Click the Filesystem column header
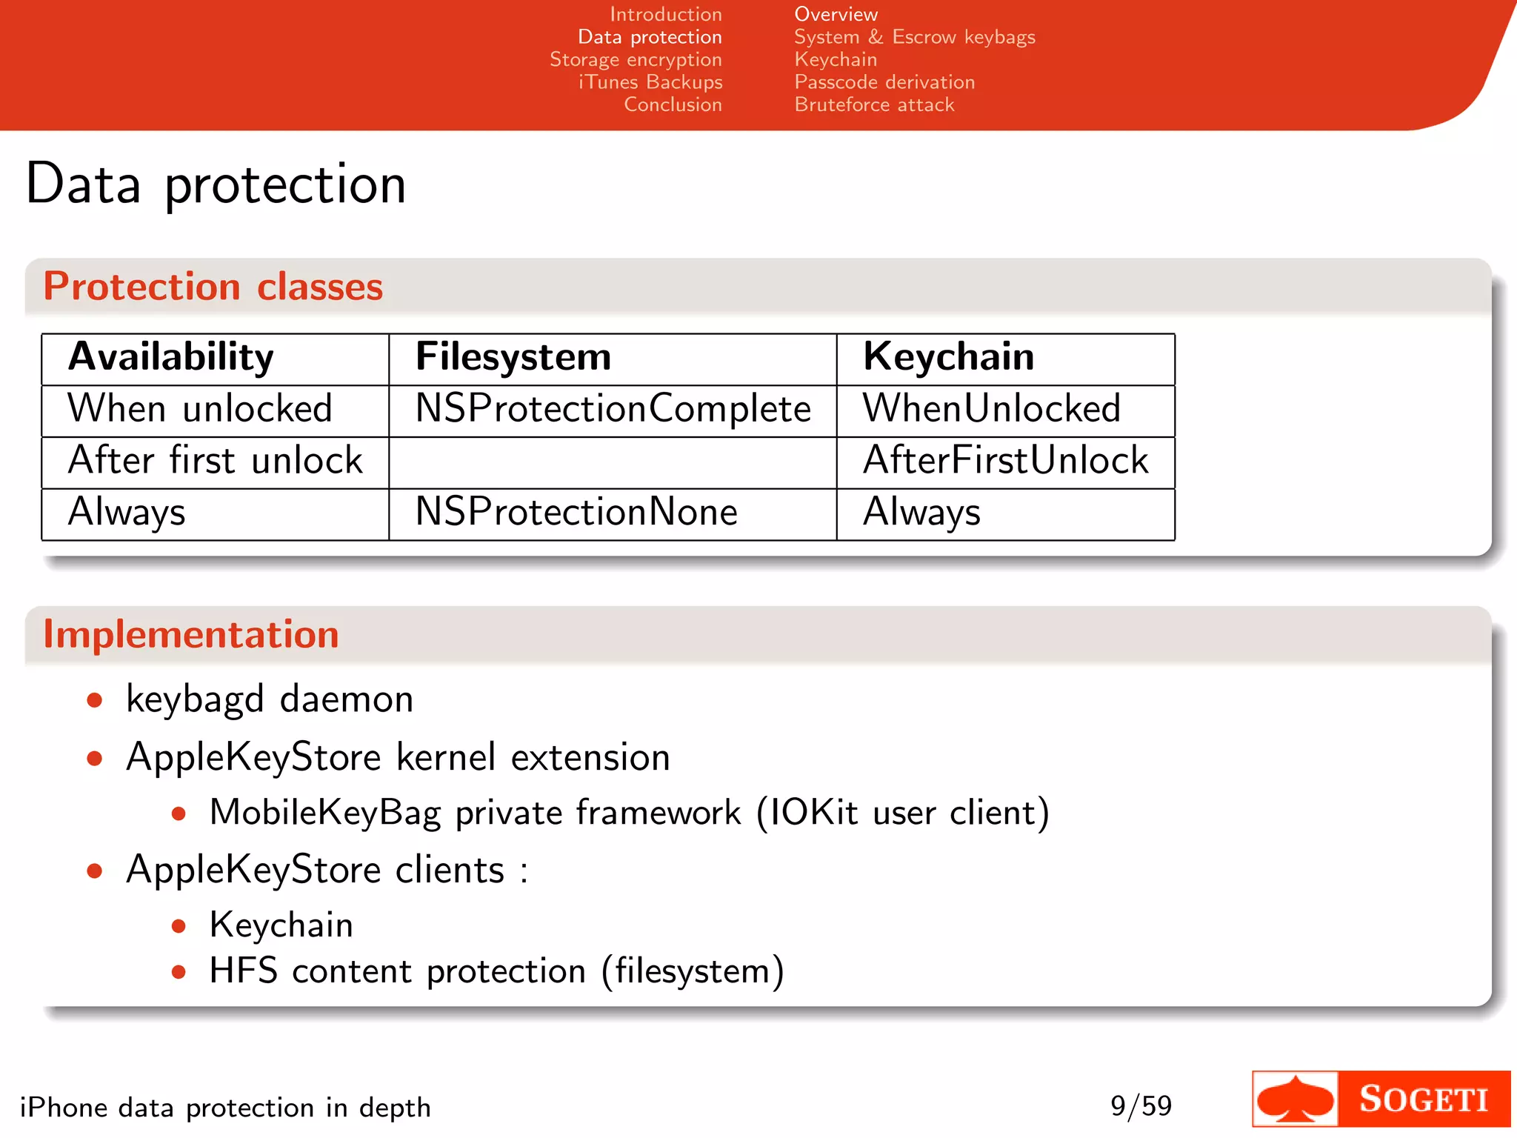click(513, 357)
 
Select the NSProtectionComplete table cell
click(613, 409)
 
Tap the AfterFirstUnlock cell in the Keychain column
click(1005, 461)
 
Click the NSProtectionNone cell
click(576, 513)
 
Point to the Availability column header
click(171, 357)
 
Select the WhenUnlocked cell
click(991, 409)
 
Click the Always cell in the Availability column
click(127, 513)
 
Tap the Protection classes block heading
click(213, 287)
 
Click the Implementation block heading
click(191, 635)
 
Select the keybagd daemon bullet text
click(270, 700)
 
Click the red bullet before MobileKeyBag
click(179, 814)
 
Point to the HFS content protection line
click(496, 971)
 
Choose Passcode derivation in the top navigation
click(884, 82)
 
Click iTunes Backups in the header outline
click(650, 82)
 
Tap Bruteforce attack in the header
click(874, 105)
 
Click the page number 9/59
click(1141, 1106)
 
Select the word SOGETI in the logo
click(1423, 1099)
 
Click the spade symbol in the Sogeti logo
click(1296, 1099)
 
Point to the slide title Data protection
click(216, 184)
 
